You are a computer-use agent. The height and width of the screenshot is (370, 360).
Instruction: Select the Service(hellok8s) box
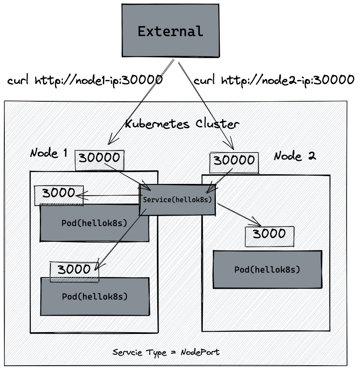tap(177, 200)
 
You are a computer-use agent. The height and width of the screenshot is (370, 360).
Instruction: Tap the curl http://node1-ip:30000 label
tap(85, 80)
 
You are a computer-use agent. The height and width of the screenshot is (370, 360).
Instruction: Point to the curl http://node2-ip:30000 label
tap(274, 80)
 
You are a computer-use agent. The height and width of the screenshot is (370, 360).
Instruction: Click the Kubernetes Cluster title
tap(182, 124)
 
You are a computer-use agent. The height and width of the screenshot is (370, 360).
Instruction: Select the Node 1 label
tap(49, 153)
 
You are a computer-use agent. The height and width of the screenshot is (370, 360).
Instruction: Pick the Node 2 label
tap(295, 156)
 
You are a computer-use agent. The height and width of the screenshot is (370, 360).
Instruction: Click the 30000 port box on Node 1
tap(99, 160)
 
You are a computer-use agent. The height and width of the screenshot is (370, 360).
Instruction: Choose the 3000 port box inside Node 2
tap(269, 235)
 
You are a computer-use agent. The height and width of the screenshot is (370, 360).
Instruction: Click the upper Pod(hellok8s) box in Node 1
tap(94, 223)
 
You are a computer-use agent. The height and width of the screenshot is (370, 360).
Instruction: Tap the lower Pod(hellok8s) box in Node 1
tap(95, 297)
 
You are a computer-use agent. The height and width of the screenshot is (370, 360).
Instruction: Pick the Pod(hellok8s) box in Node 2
tap(267, 270)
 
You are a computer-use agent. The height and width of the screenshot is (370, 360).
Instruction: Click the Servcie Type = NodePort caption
tap(166, 352)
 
